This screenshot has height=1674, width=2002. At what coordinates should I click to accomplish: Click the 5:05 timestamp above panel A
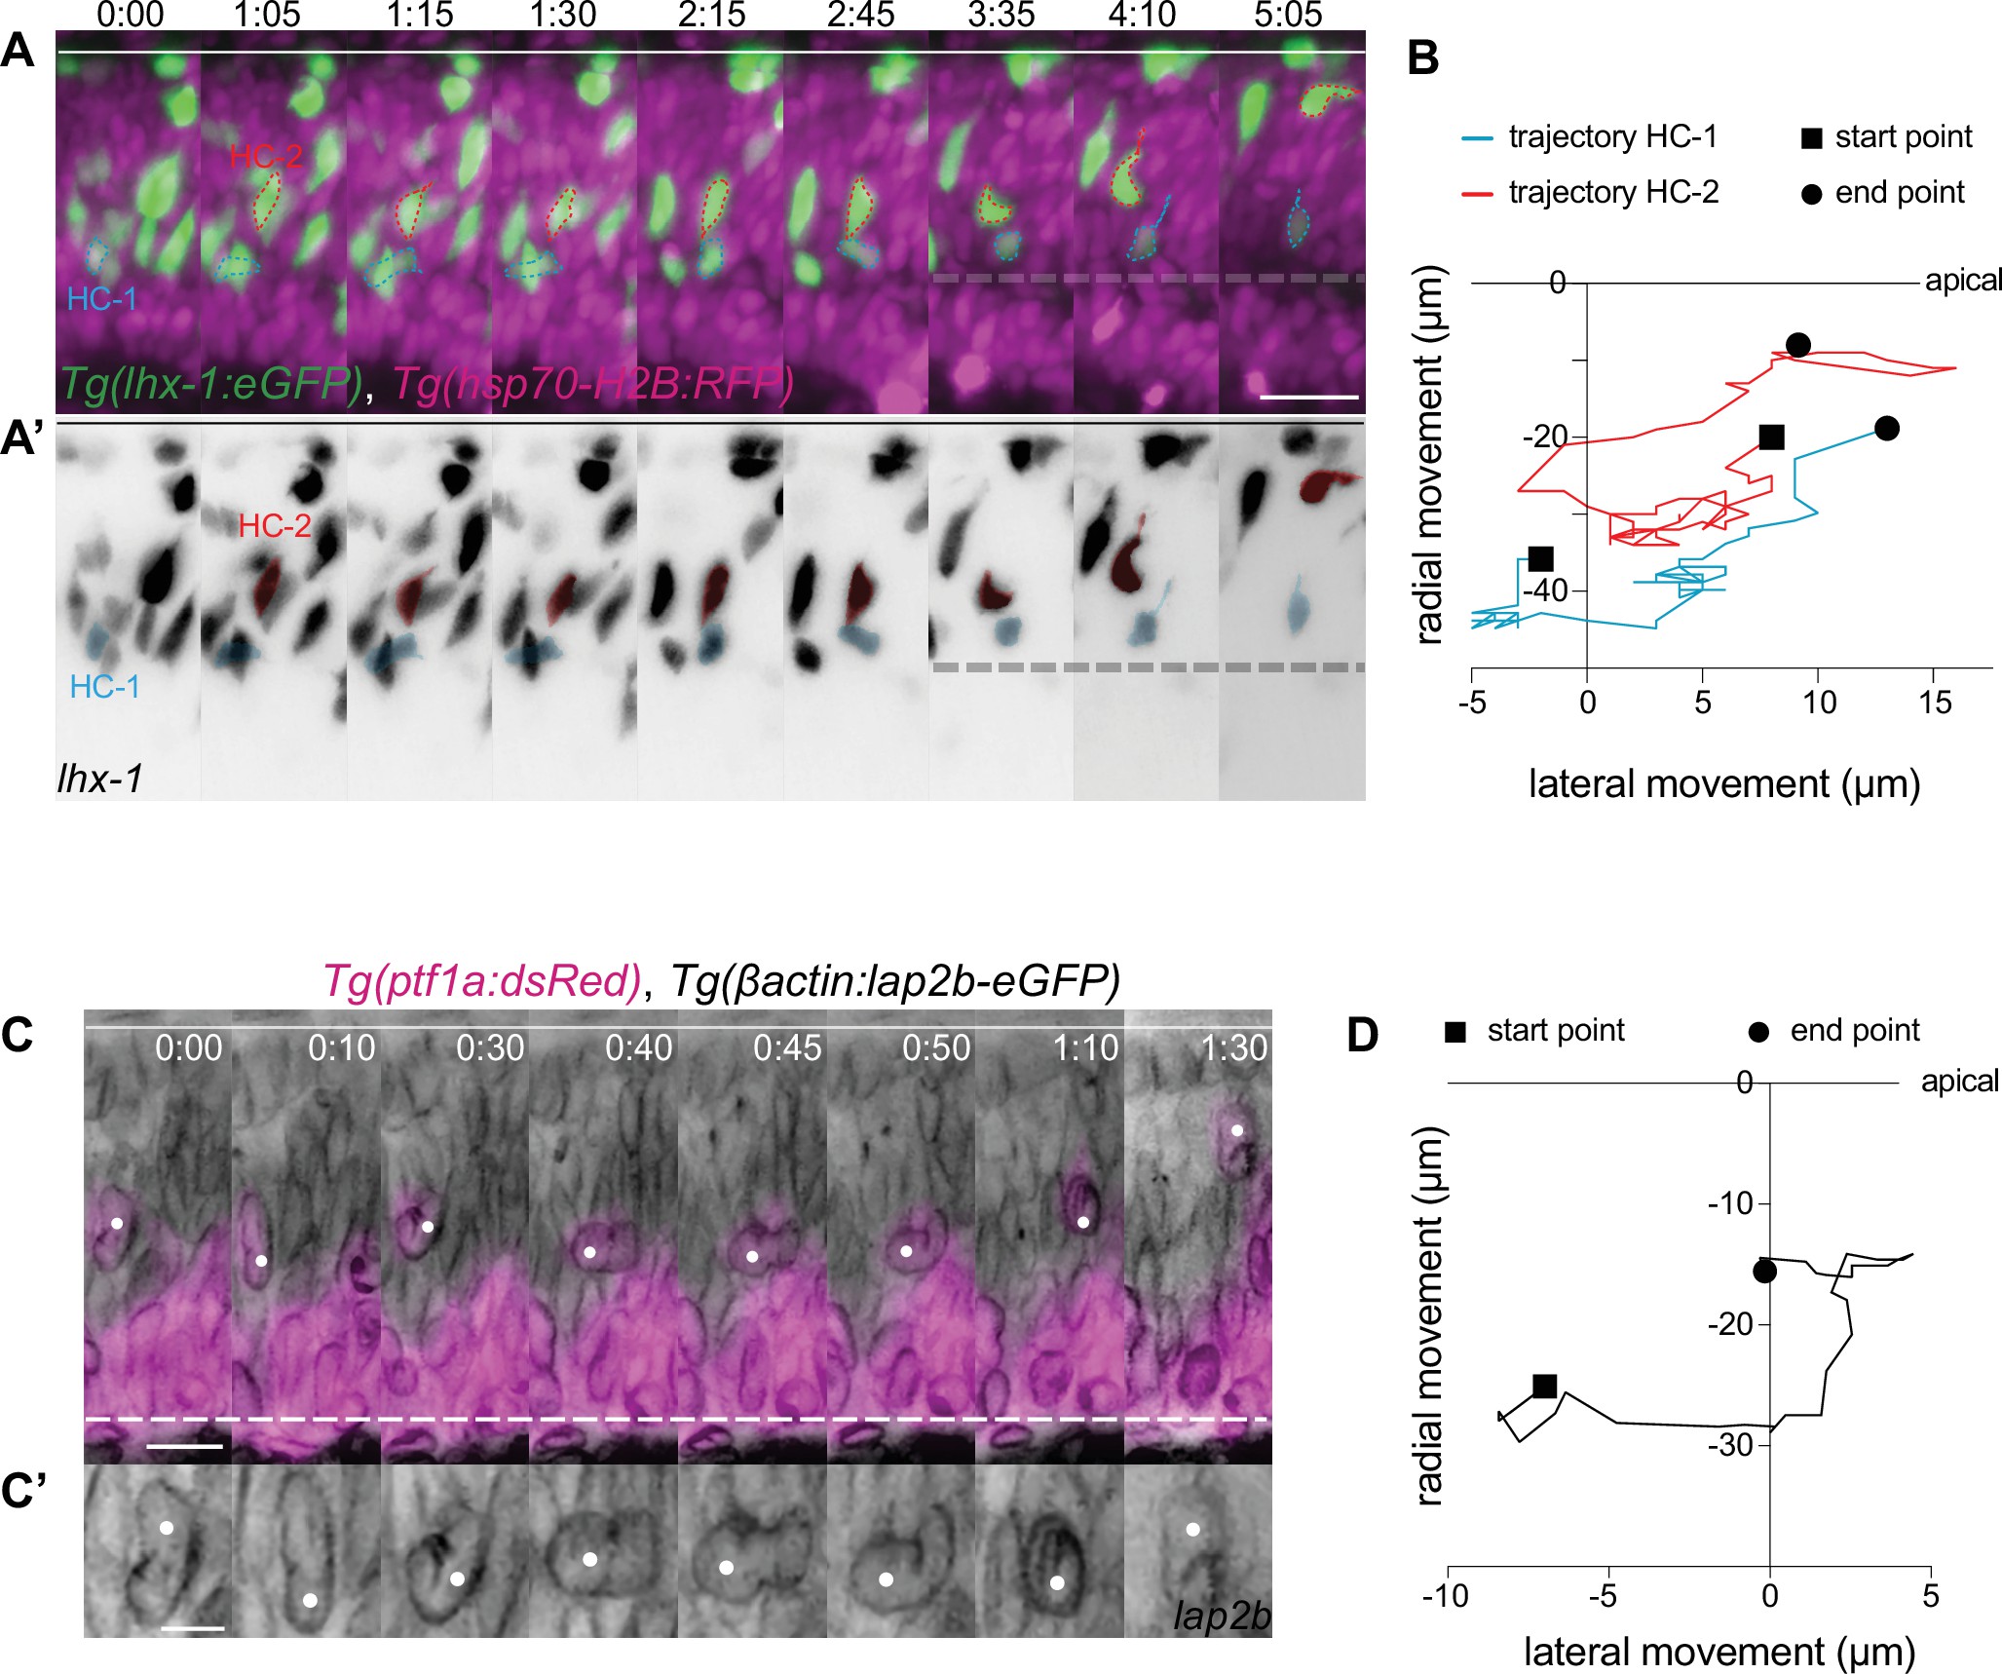point(1288,15)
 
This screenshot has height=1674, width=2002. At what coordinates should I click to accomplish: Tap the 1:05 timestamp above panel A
point(268,15)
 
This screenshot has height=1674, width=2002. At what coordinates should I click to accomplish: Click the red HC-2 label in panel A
point(266,155)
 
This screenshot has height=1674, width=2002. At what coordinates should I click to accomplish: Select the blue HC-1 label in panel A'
point(105,687)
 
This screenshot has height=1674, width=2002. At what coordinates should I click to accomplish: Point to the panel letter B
point(1423,58)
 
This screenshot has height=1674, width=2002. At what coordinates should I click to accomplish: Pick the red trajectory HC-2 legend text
point(1613,193)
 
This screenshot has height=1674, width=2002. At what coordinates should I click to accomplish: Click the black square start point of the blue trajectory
point(1540,558)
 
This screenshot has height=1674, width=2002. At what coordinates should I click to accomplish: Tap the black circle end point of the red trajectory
point(1798,345)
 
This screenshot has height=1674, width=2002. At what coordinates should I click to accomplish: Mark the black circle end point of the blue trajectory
point(1887,428)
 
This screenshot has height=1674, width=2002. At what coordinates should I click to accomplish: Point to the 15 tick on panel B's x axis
point(1935,703)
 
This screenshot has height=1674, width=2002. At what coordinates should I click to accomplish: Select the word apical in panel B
point(1962,281)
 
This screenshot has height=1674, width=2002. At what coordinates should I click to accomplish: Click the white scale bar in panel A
point(1308,397)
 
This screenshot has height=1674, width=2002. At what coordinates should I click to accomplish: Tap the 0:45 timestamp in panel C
point(787,1047)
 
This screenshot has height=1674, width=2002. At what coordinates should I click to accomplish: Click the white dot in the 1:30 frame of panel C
point(1236,1130)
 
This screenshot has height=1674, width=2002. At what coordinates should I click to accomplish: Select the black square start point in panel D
point(1544,1386)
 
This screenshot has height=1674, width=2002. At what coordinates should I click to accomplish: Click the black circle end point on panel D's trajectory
point(1764,1272)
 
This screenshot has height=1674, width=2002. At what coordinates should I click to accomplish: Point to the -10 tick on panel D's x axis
point(1446,1595)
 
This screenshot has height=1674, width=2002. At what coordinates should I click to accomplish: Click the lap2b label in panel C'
point(1222,1617)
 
